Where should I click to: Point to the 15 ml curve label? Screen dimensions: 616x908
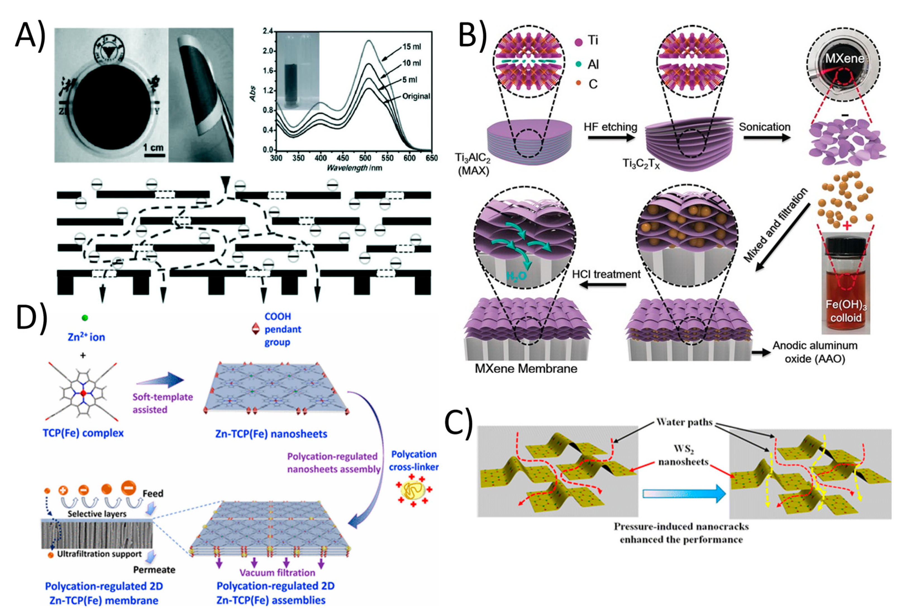(x=411, y=47)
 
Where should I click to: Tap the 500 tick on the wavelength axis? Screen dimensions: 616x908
(x=365, y=158)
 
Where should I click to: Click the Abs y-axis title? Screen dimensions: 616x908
(x=253, y=94)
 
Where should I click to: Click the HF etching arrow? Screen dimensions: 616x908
(x=611, y=138)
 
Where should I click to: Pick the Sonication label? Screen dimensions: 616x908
(x=764, y=127)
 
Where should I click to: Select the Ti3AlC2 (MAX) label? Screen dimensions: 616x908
(x=473, y=164)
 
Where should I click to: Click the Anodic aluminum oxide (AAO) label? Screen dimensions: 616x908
(x=815, y=352)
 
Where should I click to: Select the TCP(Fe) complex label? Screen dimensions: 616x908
(x=83, y=433)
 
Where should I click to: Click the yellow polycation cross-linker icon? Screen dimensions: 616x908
(x=413, y=489)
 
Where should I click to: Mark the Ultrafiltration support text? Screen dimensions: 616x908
(x=99, y=554)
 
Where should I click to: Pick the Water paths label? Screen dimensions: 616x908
(x=685, y=422)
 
